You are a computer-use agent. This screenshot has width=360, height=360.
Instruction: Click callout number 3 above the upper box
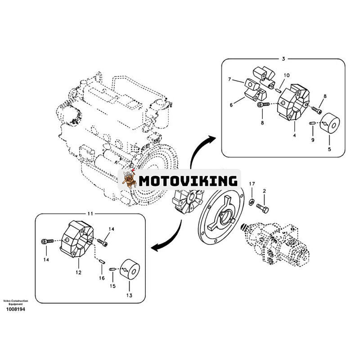[283, 58]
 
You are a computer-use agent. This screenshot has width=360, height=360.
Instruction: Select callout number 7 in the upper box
[229, 80]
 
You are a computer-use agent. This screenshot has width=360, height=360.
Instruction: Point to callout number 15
[113, 286]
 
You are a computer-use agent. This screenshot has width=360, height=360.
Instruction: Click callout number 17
[252, 184]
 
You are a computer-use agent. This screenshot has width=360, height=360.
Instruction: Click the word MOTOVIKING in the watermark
[188, 181]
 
